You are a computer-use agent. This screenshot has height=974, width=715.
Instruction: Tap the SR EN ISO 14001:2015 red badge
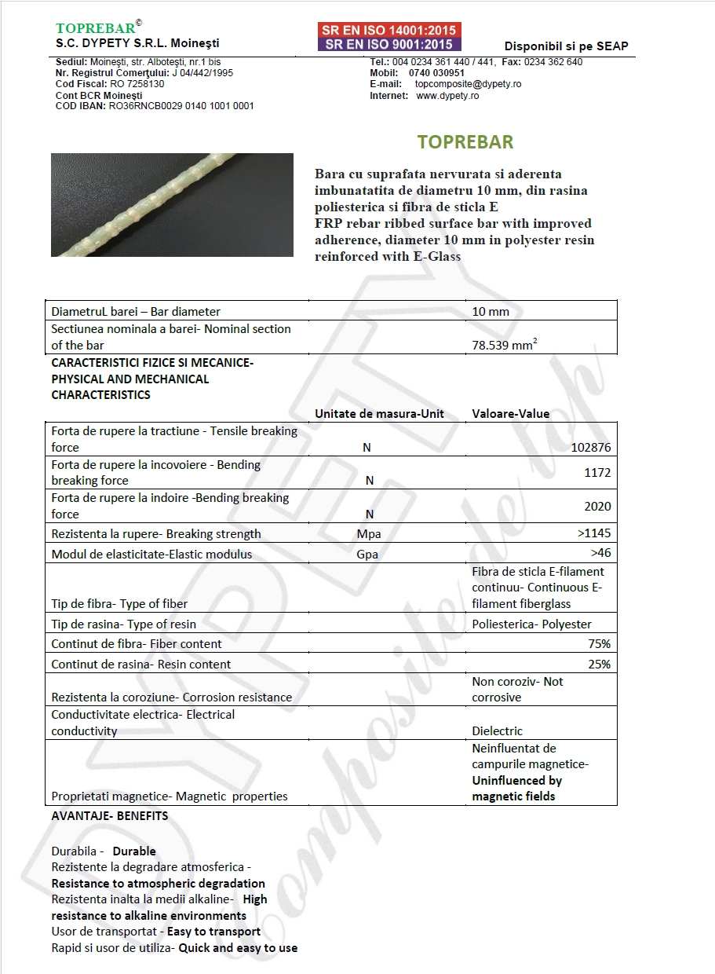pyautogui.click(x=389, y=31)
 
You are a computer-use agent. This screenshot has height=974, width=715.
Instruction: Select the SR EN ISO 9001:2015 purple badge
pyautogui.click(x=389, y=44)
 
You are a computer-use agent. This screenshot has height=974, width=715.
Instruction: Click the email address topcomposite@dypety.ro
pyautogui.click(x=469, y=84)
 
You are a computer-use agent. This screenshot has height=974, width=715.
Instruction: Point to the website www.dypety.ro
pyautogui.click(x=447, y=96)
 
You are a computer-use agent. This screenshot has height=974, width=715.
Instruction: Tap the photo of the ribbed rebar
pyautogui.click(x=172, y=204)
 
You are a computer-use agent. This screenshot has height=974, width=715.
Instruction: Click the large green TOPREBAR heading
pyautogui.click(x=465, y=142)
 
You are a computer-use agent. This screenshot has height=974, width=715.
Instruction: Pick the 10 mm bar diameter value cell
pyautogui.click(x=491, y=312)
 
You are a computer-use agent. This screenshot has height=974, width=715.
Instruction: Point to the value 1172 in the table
pyautogui.click(x=597, y=473)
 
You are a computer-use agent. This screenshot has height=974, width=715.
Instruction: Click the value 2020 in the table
pyautogui.click(x=597, y=506)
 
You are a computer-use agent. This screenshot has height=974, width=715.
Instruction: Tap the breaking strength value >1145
pyautogui.click(x=593, y=534)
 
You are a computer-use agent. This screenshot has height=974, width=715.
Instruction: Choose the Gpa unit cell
pyautogui.click(x=367, y=555)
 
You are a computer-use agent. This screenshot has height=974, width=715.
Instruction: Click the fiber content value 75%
pyautogui.click(x=599, y=644)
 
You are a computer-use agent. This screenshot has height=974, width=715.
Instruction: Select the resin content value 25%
pyautogui.click(x=599, y=665)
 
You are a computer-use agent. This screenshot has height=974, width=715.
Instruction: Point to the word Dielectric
pyautogui.click(x=497, y=731)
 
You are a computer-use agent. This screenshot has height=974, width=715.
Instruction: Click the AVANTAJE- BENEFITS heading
pyautogui.click(x=110, y=816)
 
